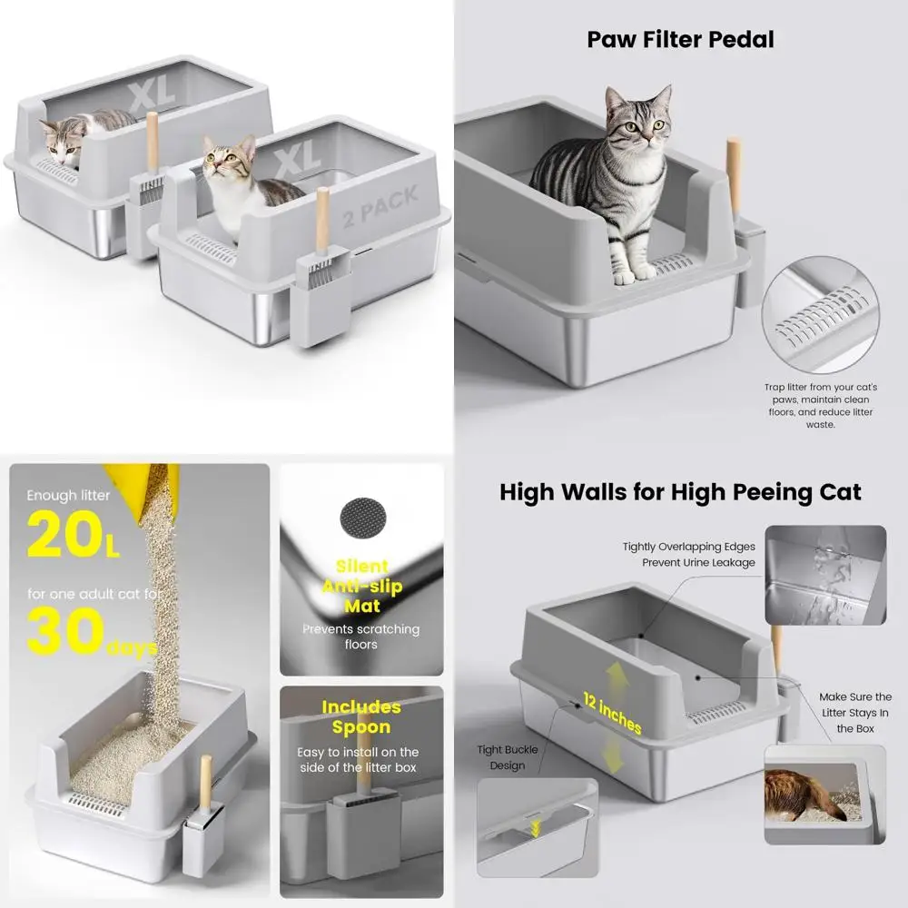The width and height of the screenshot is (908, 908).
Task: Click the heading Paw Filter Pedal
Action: pos(680,40)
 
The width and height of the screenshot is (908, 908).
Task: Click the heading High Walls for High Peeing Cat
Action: pos(680,492)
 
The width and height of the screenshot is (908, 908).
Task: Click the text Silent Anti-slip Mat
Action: pos(361,586)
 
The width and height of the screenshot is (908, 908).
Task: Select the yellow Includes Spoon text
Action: pos(360,716)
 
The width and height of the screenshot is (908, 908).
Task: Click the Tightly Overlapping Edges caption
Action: pos(688,554)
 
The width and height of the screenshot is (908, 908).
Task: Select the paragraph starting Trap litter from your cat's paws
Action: pos(820,405)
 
